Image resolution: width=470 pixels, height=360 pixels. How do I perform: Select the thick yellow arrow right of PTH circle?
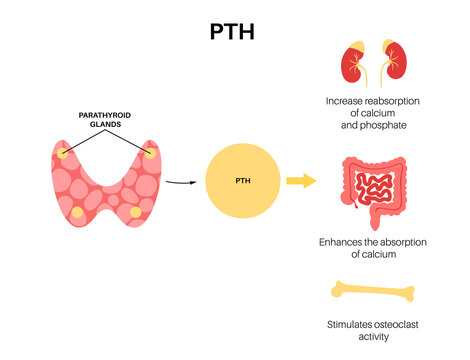click(300, 180)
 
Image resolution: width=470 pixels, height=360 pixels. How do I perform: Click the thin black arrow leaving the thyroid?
click(177, 182)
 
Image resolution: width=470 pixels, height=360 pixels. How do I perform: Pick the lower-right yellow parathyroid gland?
click(135, 212)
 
